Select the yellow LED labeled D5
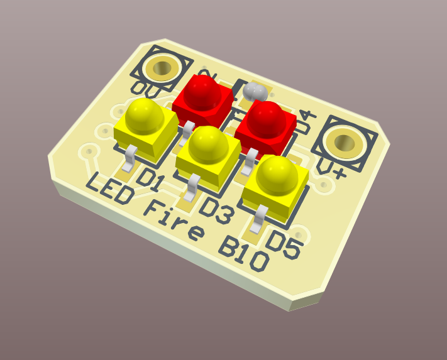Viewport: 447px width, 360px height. point(276,180)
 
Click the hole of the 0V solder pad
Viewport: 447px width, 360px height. point(163,67)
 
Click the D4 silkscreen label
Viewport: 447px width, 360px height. point(304,123)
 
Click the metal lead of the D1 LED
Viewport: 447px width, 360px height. point(130,157)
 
